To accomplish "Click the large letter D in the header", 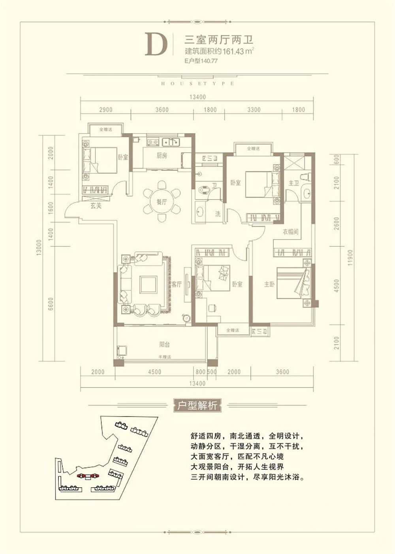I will pos(156,44).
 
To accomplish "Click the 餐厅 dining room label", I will pos(161,202).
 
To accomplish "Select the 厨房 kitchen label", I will pos(161,155).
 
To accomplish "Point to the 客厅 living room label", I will pos(177,284).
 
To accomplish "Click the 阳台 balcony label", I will pos(164,345).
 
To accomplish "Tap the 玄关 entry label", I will pos(96,206).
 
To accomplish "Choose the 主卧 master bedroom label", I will pos(269,284).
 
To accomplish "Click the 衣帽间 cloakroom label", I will pos(290,232).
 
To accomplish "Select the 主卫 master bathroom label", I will pos(293,183).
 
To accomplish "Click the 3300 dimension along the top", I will pos(254,109).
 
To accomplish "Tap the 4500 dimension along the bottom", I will pos(154,372).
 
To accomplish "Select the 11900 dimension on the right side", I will pos(351,258).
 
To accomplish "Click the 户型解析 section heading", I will pos(197,405).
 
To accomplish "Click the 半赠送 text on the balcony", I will pos(164,357).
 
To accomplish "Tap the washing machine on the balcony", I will pos(122,350).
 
